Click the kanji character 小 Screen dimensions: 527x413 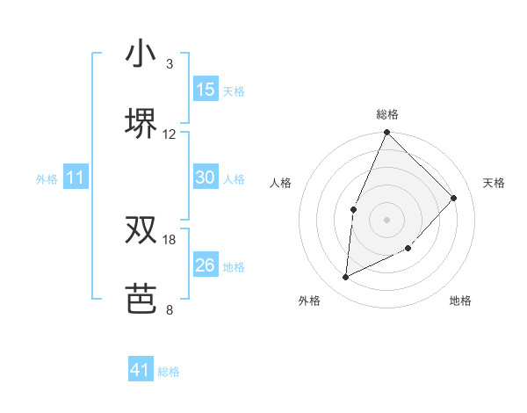[141, 54]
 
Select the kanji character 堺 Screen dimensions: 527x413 [141, 124]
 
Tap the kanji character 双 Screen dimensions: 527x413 [141, 229]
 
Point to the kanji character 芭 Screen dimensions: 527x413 [141, 299]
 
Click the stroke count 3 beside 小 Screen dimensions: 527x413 [170, 64]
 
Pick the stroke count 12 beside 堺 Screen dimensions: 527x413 [170, 134]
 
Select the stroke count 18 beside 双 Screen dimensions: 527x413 [170, 239]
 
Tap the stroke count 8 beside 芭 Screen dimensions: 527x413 [170, 309]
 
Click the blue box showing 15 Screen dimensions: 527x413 [206, 90]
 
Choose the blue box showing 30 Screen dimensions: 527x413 [206, 178]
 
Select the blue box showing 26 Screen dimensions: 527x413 [206, 264]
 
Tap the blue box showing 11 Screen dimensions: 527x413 [76, 178]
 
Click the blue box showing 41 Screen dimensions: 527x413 [141, 370]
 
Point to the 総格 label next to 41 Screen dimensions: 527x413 [169, 372]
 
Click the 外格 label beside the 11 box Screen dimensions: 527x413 [47, 179]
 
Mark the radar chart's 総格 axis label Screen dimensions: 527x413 [386, 114]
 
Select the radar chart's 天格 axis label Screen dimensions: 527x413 [494, 183]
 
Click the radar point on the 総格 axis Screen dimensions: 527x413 [386, 134]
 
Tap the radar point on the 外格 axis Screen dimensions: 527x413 [346, 278]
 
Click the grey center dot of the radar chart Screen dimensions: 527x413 [386, 219]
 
